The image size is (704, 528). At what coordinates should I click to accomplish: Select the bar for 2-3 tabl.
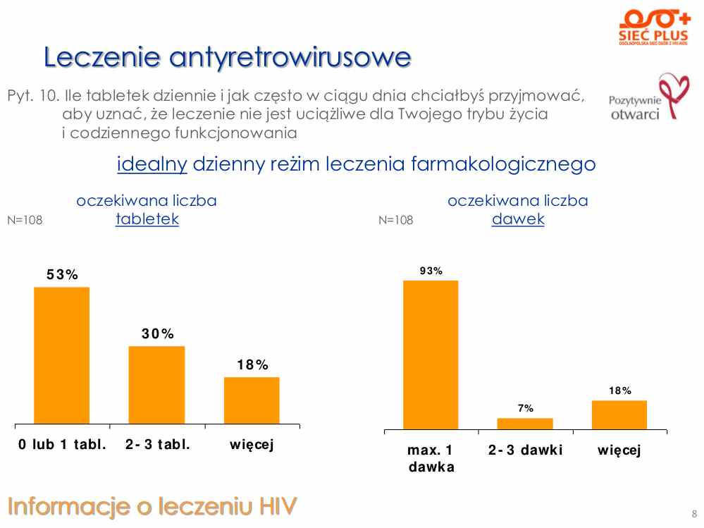[156, 386]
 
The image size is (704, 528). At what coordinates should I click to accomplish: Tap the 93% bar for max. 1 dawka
[431, 355]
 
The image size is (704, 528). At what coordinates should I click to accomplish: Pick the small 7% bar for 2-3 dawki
[525, 423]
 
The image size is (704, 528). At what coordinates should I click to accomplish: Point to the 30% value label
[158, 334]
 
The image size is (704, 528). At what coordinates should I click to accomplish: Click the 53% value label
[63, 275]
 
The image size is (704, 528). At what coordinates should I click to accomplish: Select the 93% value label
[431, 270]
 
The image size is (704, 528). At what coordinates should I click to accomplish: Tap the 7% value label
[525, 408]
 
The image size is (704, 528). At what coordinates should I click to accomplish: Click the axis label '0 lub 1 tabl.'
[63, 444]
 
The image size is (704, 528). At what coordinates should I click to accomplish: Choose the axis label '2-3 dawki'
[526, 450]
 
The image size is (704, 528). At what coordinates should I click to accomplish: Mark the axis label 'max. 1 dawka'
[431, 458]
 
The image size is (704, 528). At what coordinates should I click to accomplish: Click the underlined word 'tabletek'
[147, 219]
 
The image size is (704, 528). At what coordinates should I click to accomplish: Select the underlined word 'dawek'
[518, 219]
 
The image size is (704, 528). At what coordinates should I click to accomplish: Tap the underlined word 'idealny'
[152, 164]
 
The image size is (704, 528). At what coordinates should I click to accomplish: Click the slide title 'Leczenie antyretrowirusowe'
[227, 56]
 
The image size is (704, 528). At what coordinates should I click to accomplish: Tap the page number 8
[693, 512]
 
